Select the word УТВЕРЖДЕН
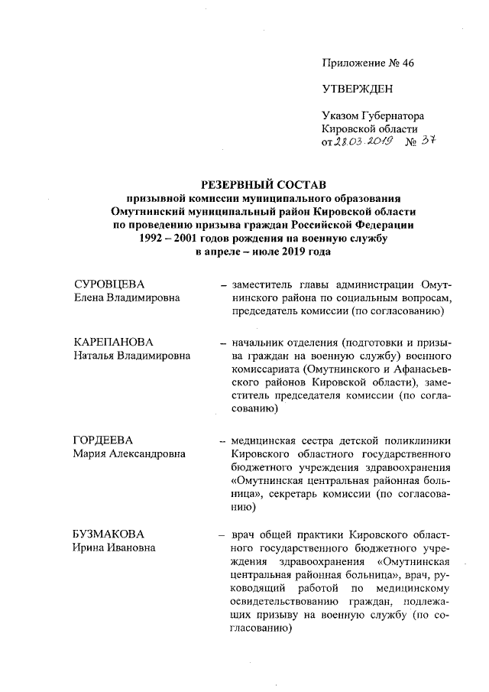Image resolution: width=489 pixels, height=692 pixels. (357, 89)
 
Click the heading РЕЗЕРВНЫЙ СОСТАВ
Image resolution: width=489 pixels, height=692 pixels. (263, 184)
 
